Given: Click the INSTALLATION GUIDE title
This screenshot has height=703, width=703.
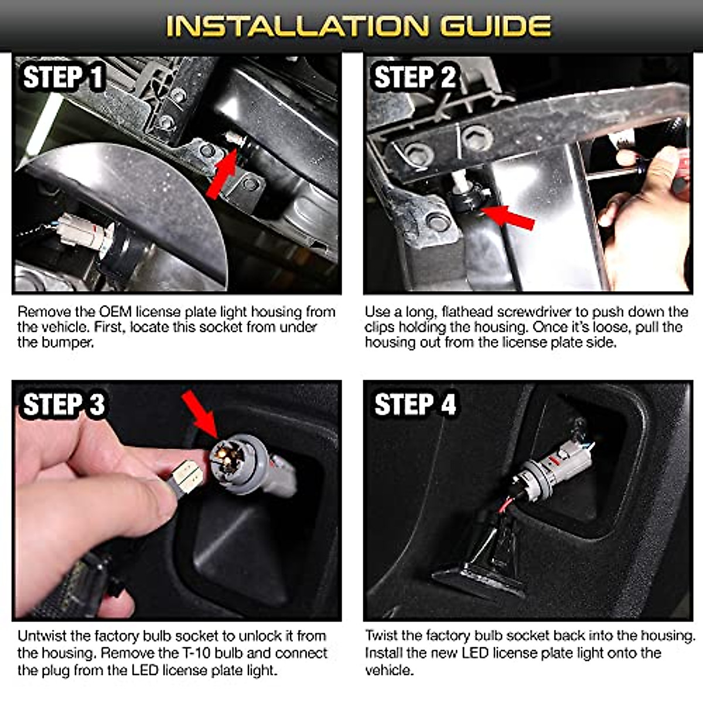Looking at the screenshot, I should click(x=358, y=26).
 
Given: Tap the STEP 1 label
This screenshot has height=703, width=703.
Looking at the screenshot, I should click(x=63, y=78).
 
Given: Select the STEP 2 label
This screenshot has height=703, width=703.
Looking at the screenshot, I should click(x=415, y=77).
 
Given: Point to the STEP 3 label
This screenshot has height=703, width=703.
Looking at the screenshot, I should click(x=63, y=405).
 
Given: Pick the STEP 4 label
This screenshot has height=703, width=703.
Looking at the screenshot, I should click(x=415, y=405).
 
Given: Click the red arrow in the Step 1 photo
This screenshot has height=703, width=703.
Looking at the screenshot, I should click(x=222, y=174).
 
